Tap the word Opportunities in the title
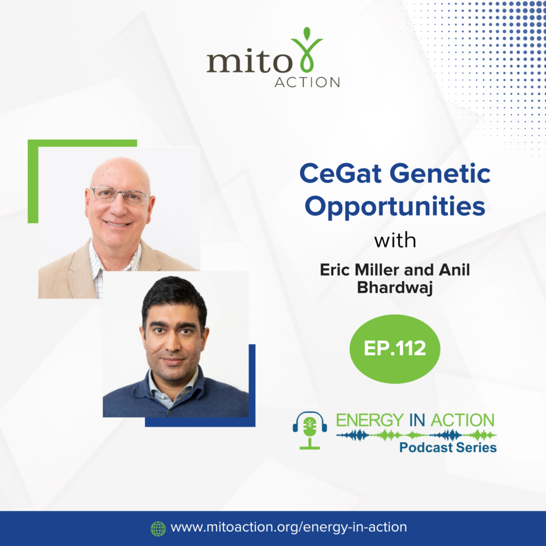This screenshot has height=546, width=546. coord(395,207)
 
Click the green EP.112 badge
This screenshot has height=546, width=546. coord(395,349)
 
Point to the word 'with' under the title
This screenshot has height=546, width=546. coord(395,240)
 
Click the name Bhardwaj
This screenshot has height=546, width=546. coord(395,288)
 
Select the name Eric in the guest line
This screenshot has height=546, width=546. coord(335,270)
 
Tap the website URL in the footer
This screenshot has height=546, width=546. coord(288,527)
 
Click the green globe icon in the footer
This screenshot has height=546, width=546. coord(158,528)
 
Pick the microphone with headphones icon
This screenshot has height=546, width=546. coord(310,430)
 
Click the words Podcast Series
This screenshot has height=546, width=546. coord(448,447)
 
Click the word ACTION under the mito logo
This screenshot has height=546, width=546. coord(307,83)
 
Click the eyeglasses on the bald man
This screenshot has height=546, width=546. coord(120,195)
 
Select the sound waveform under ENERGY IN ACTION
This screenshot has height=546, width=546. coord(416,435)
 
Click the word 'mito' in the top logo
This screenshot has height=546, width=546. coord(250,62)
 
